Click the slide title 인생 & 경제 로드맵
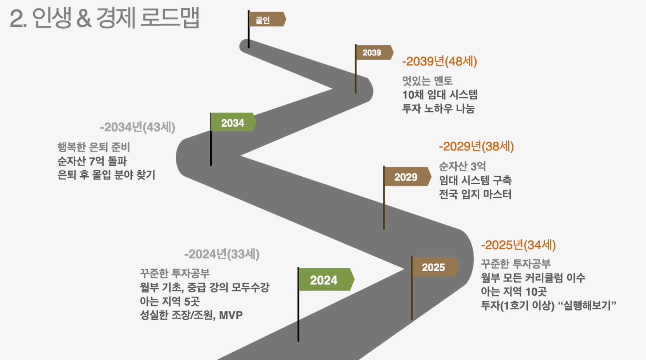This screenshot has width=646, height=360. tap(116, 18)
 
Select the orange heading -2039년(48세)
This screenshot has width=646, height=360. tap(439, 61)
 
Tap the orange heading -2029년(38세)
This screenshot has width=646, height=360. tap(476, 146)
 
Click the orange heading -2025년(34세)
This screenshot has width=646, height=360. tap(518, 245)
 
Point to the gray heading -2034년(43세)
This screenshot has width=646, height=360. tap(137, 127)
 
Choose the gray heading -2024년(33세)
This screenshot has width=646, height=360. tap(222, 254)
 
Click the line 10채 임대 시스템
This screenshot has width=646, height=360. tap(440, 95)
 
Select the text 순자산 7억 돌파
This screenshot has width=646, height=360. tap(92, 161)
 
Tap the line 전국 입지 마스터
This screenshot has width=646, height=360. tap(475, 194)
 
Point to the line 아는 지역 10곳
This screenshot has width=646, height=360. tap(514, 291)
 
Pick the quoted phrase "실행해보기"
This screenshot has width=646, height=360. tap(587, 305)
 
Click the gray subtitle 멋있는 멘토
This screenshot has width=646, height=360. tap(427, 81)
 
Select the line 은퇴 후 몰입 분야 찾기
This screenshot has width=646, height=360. tap(106, 175)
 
